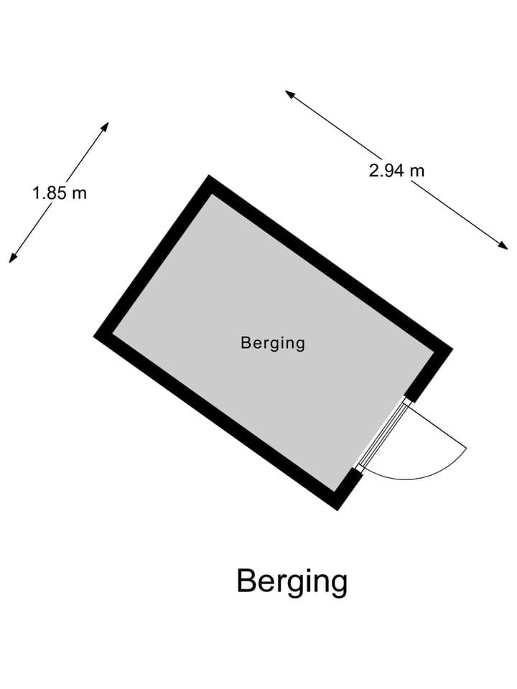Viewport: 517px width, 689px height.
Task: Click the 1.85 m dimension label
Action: click(x=60, y=193)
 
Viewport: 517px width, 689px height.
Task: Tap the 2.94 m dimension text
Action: click(x=396, y=170)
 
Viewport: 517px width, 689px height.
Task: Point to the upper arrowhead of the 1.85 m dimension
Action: click(x=105, y=127)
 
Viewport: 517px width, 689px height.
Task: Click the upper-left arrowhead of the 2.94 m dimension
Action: click(x=290, y=94)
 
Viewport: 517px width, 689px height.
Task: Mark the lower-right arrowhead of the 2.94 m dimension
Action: click(x=503, y=245)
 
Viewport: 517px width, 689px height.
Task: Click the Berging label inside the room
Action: click(x=273, y=343)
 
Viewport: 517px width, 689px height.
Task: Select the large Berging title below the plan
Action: click(x=292, y=582)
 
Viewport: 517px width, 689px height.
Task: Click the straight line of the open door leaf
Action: click(x=437, y=426)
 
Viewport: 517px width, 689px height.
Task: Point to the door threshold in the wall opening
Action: click(x=383, y=435)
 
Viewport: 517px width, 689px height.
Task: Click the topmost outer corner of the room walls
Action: click(x=209, y=175)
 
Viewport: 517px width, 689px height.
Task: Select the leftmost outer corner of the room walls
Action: click(x=93, y=336)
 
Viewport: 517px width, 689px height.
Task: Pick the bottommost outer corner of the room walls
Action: click(x=337, y=510)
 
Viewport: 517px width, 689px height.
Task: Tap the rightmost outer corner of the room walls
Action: click(x=453, y=350)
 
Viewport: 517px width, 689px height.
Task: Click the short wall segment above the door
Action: click(x=429, y=375)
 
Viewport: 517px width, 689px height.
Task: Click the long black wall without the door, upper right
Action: click(x=330, y=263)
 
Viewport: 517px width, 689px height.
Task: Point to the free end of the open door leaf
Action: click(x=467, y=449)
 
